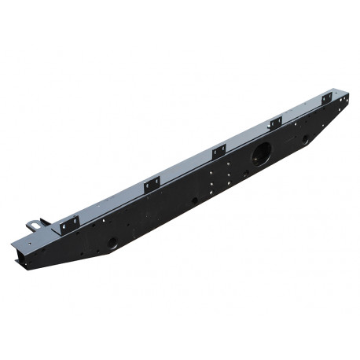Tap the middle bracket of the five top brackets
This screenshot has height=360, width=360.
[x=219, y=152]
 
